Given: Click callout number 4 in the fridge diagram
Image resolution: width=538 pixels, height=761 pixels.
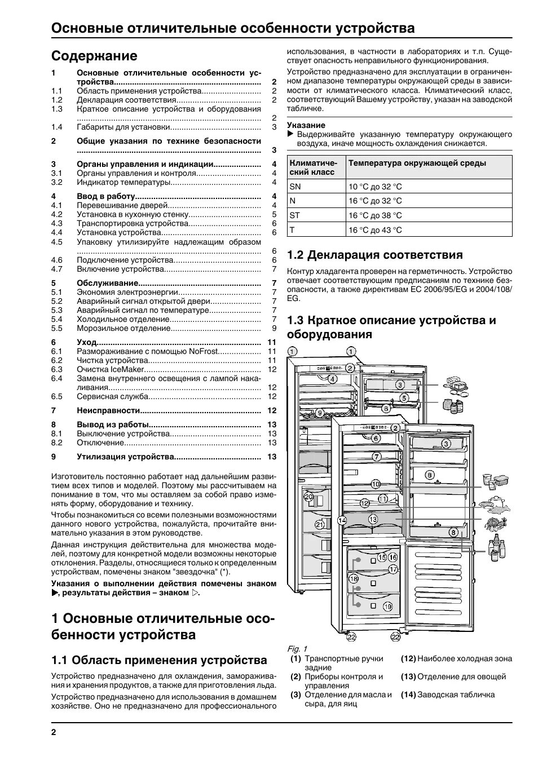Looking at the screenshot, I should pos(333,379).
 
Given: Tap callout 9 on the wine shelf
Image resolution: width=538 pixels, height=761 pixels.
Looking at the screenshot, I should pos(319,413).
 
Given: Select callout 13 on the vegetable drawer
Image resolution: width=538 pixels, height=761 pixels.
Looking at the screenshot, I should pos(372,519).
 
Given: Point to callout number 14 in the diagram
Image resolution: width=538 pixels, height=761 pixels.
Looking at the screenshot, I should pos(341,520).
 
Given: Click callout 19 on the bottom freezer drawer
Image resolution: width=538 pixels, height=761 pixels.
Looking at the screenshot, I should pos(387,607).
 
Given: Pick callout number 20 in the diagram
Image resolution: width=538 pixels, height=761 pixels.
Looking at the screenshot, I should pos(308,497).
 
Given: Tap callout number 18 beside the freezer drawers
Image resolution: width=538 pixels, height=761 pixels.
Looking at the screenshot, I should pos(354,579).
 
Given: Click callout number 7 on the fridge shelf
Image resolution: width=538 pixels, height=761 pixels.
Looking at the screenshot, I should pos(376,457).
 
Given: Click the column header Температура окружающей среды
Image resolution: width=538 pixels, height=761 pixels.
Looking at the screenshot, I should pos(417,163).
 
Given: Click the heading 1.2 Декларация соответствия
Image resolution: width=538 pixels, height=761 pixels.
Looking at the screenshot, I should pos(374,255).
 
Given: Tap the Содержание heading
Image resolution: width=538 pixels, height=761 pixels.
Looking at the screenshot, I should pos(94,56).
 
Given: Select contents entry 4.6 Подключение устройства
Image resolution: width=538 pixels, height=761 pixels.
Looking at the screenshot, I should pos(125,260).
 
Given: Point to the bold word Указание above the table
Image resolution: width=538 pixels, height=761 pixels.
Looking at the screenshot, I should pos(306,125).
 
